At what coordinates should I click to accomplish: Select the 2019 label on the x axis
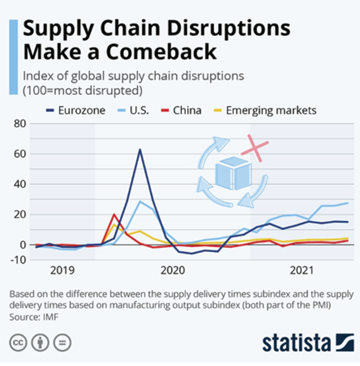point(63,271)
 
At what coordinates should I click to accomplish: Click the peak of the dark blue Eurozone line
point(140,149)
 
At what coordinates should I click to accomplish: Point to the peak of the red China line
point(114,214)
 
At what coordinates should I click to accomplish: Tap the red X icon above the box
point(255,149)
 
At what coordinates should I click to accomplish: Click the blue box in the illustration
point(233,173)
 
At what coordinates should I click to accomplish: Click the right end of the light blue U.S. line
point(347,203)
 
